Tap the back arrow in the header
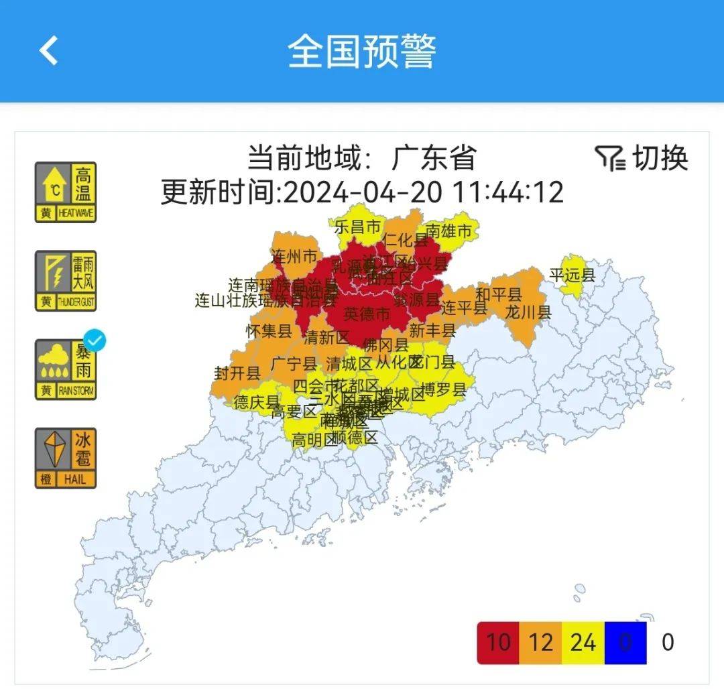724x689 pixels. tap(49, 51)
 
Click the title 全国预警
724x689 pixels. tap(362, 51)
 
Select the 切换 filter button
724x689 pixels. tap(642, 158)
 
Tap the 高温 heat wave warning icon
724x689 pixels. tap(66, 192)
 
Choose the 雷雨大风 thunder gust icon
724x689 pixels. tap(66, 281)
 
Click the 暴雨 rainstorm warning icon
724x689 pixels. tap(66, 370)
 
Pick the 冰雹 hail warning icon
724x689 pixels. tap(66, 458)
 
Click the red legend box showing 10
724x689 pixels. tap(498, 643)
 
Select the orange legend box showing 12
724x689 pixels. tap(540, 643)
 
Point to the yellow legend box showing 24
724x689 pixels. tap(583, 643)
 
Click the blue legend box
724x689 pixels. tap(625, 643)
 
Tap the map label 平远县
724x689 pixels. tap(572, 275)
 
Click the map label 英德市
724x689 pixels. tap(366, 313)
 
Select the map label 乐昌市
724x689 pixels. tap(357, 227)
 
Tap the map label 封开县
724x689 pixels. tap(237, 373)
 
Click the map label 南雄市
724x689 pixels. tap(448, 231)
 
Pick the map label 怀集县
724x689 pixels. tap(269, 330)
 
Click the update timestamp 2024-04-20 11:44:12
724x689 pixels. tap(423, 192)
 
